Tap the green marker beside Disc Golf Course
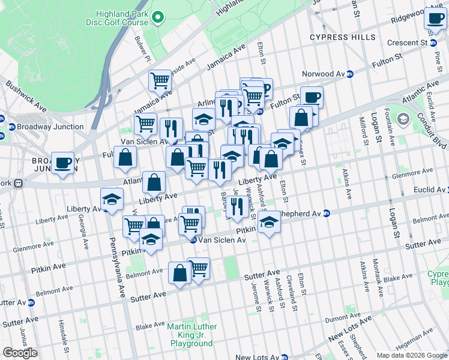click(158, 18)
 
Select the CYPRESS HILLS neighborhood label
click(337, 37)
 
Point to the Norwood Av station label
click(327, 74)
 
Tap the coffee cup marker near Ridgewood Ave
click(435, 17)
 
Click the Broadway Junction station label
click(46, 127)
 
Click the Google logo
click(20, 353)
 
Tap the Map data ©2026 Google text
click(411, 355)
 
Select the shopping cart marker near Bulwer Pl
click(160, 80)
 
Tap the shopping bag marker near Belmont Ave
click(179, 272)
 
